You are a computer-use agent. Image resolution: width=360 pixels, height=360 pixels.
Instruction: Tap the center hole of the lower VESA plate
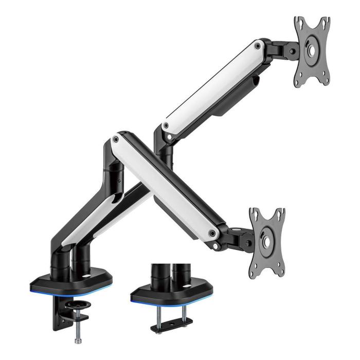point(268,240)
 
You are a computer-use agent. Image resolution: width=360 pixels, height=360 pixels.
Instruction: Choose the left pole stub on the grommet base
point(157,276)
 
